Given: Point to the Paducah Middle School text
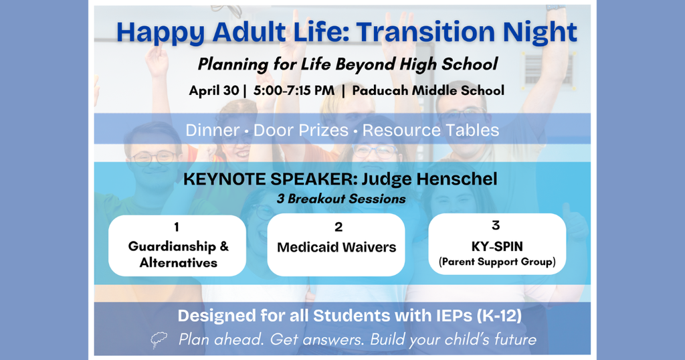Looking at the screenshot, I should [428, 90].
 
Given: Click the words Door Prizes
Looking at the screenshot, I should [301, 130].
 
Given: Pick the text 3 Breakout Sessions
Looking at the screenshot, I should [342, 199].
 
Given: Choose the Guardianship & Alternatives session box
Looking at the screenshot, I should [178, 246].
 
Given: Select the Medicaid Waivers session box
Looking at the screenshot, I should [336, 246].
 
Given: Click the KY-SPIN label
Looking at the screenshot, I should [496, 246].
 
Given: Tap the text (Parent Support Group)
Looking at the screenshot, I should [497, 262].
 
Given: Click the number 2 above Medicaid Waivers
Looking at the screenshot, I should [338, 228].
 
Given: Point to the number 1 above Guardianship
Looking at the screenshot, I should [177, 228].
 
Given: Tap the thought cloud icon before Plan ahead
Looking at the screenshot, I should [159, 341].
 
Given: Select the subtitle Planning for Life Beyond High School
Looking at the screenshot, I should [347, 64].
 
